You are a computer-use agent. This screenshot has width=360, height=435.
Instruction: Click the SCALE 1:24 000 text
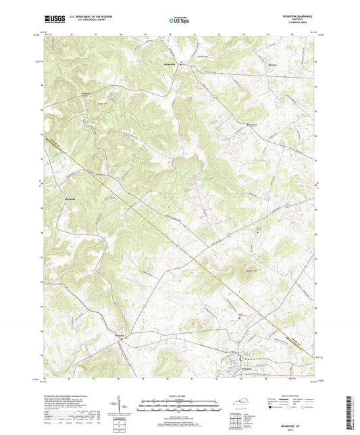tap(180, 395)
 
